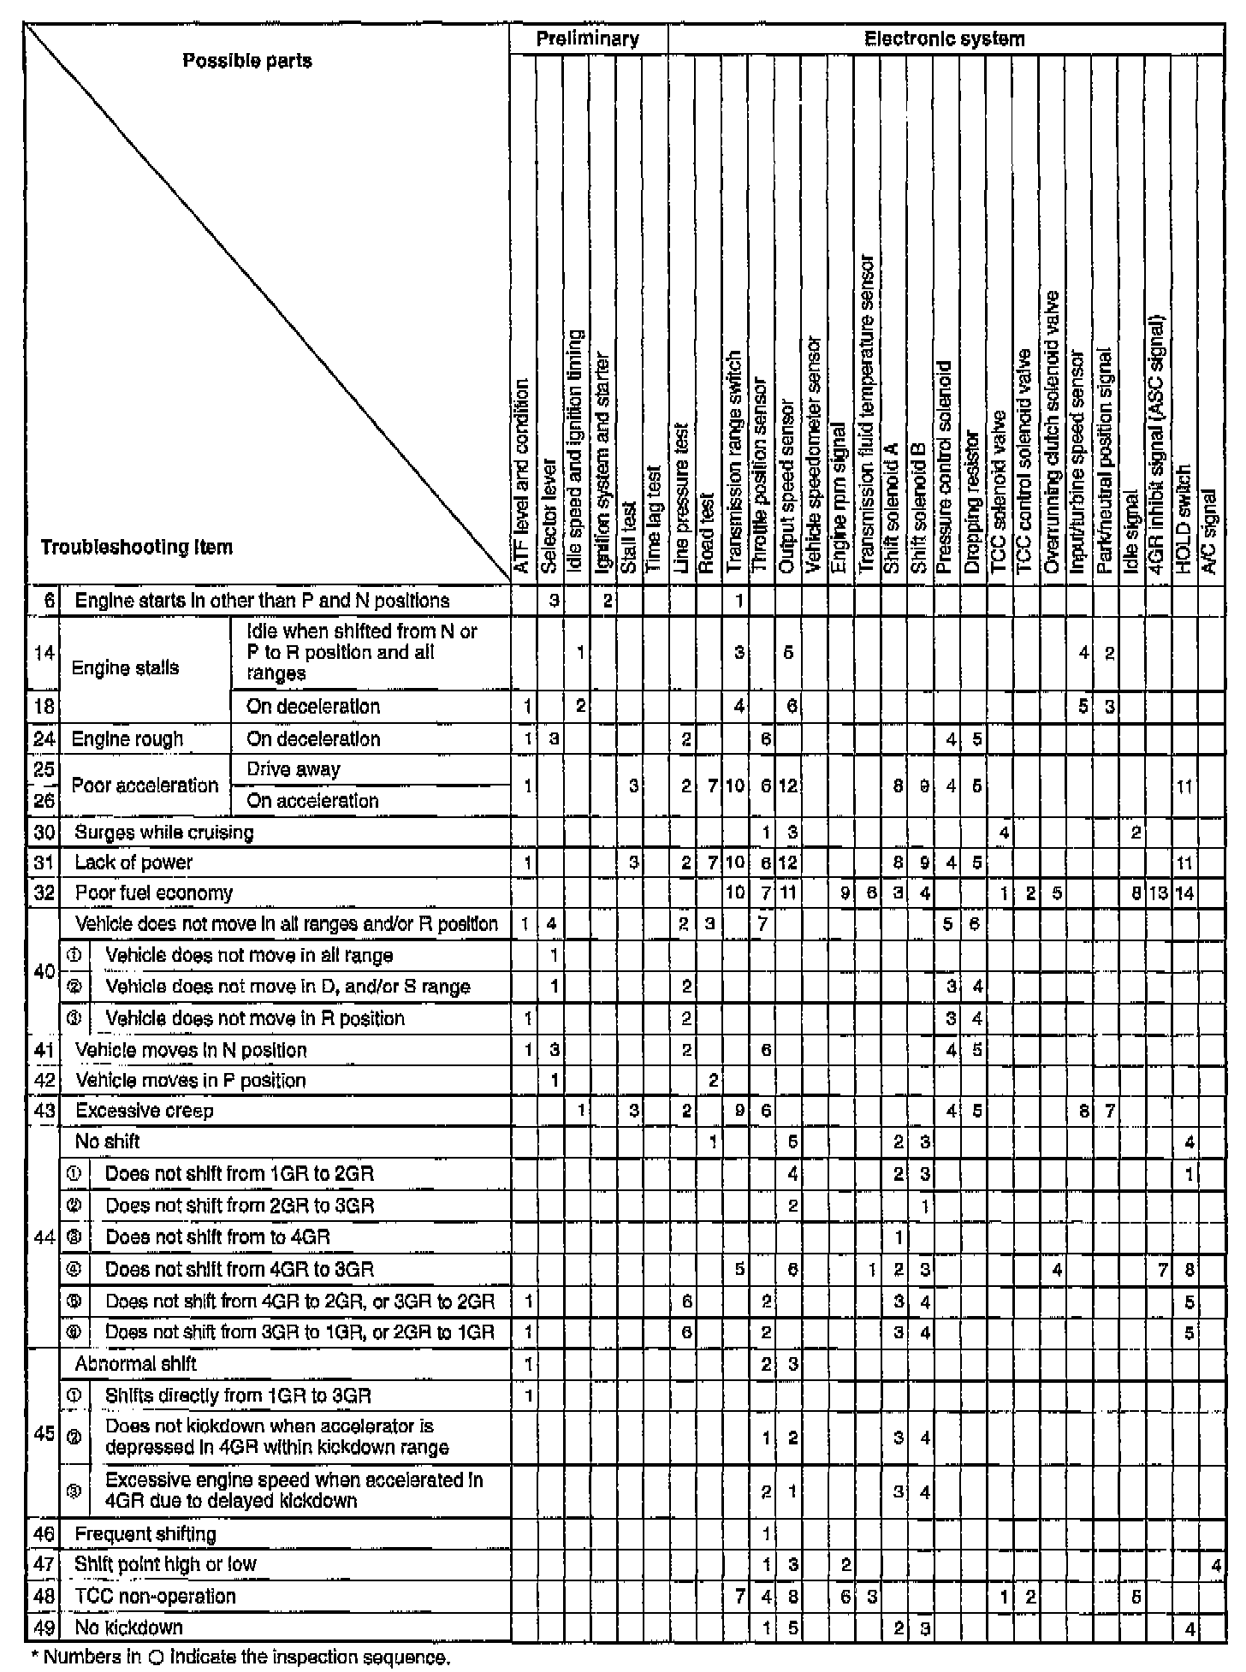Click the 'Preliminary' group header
tap(588, 39)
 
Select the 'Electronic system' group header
tap(944, 39)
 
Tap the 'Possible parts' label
tap(247, 61)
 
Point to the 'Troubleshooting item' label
tap(136, 547)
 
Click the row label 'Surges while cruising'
tap(164, 833)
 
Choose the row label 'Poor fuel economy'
tap(154, 893)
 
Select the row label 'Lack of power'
tap(133, 863)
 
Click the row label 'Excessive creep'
tap(145, 1111)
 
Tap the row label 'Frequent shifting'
tap(145, 1534)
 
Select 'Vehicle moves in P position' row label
tap(191, 1080)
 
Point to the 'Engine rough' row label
tap(128, 738)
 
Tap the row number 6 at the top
tap(49, 601)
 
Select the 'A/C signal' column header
tap(1209, 531)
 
